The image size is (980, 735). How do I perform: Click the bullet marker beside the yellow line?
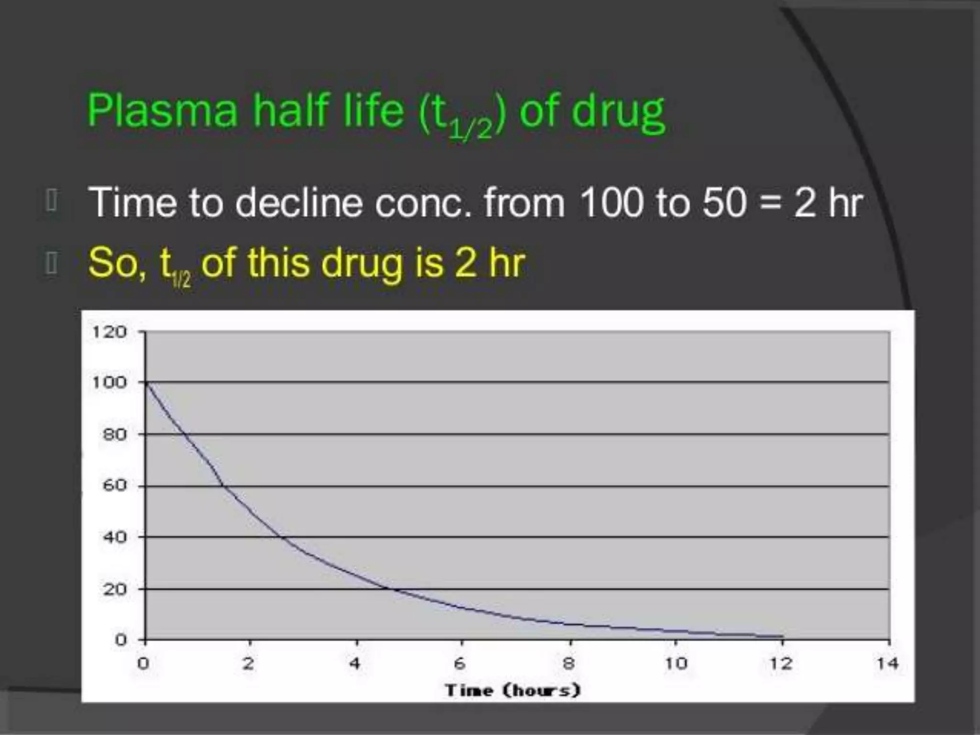(51, 264)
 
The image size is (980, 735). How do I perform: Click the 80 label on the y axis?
(114, 434)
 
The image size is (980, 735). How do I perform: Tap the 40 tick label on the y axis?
(114, 537)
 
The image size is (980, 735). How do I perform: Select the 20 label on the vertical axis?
(114, 589)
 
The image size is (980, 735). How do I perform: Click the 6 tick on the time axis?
(459, 663)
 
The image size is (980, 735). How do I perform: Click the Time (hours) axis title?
(512, 690)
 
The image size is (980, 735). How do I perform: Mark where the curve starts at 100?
(146, 383)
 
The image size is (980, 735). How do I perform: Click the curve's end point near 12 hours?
(782, 636)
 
